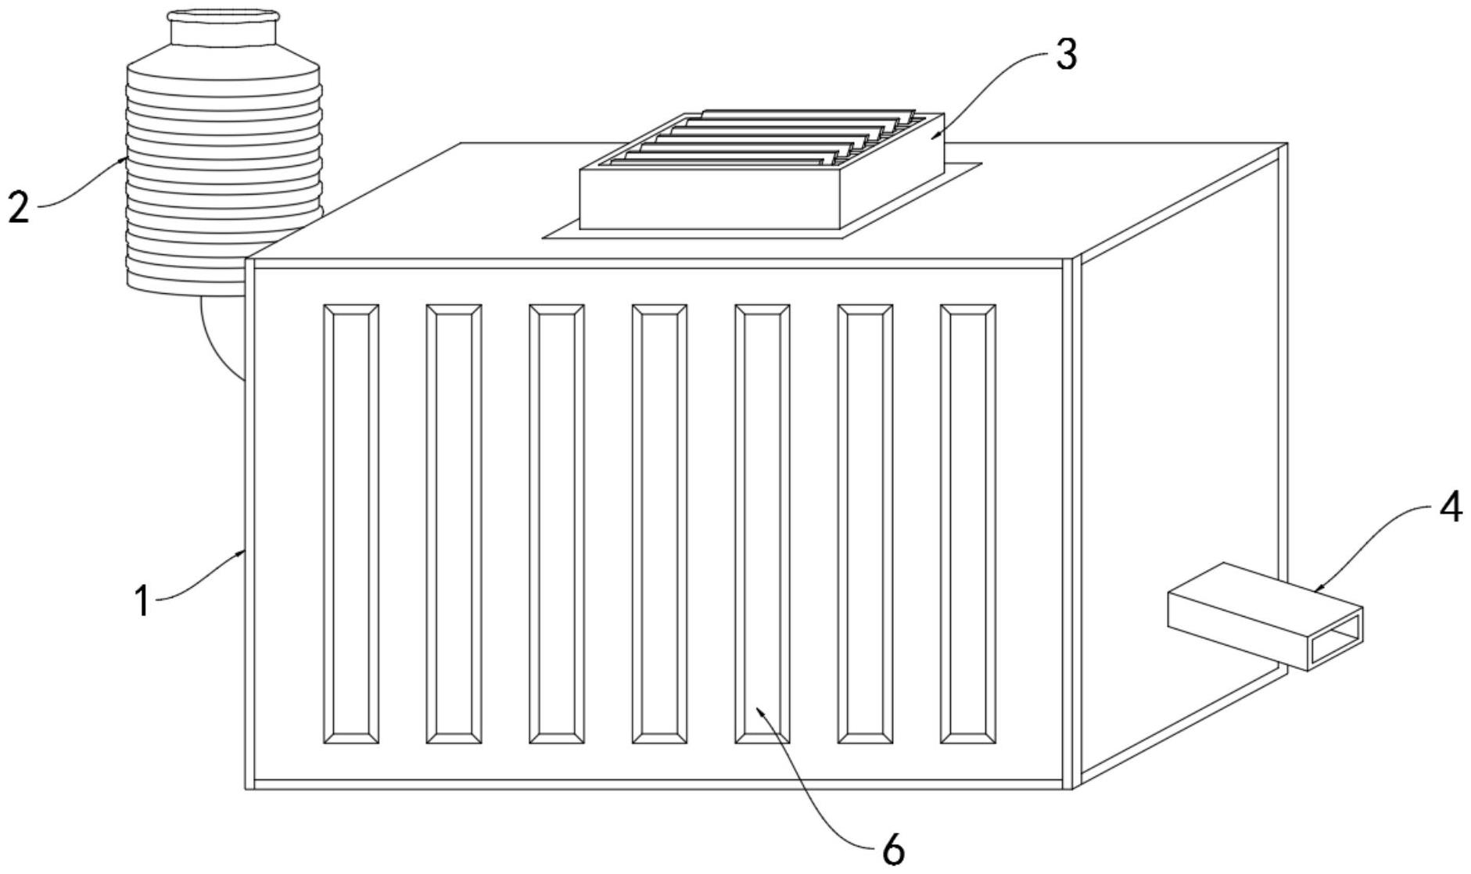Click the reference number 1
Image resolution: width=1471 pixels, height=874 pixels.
tap(142, 601)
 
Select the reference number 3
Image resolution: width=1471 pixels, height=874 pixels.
tap(1066, 55)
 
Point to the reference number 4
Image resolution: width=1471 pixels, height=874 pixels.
tap(1449, 508)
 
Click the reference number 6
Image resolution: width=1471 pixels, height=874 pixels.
tap(893, 849)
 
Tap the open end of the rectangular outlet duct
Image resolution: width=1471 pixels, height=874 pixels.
tap(1336, 639)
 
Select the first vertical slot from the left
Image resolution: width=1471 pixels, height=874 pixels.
tap(351, 524)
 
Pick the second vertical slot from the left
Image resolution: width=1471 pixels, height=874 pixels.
tap(454, 524)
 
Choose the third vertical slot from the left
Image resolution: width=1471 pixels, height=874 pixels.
tap(556, 524)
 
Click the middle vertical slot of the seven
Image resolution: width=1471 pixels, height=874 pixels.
tap(659, 524)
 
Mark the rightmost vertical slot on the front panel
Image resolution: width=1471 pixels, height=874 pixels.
tap(967, 524)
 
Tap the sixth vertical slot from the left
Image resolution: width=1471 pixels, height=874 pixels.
tap(865, 524)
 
